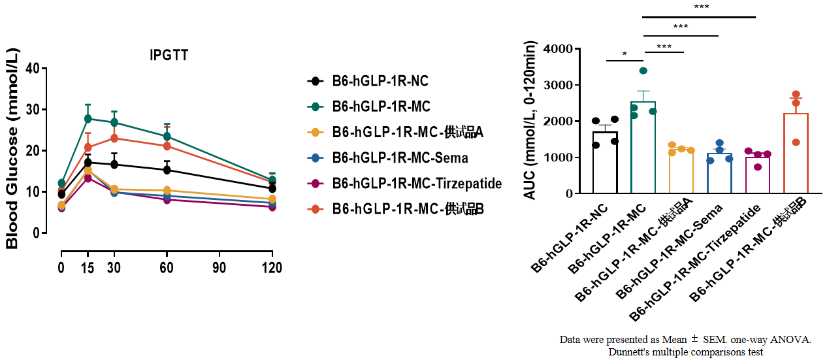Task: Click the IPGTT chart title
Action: click(x=169, y=56)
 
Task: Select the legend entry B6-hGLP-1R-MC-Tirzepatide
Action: click(x=417, y=184)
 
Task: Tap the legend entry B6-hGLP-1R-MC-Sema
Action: click(x=400, y=157)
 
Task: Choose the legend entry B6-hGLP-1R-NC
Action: click(x=381, y=81)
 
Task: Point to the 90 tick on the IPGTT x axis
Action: click(x=219, y=268)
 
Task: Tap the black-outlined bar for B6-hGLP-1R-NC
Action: click(x=605, y=163)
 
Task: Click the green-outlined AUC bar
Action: click(x=643, y=148)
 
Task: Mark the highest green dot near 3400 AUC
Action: click(x=643, y=71)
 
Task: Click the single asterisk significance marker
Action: click(x=624, y=55)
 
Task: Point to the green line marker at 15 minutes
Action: click(x=88, y=119)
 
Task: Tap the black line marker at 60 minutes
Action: click(x=167, y=170)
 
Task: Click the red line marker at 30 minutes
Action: click(x=114, y=138)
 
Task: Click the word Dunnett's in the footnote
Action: click(x=628, y=352)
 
